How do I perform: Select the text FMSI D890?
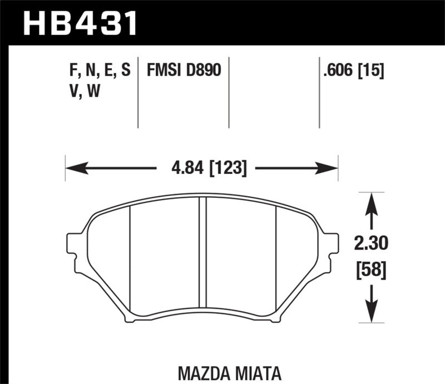184,71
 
